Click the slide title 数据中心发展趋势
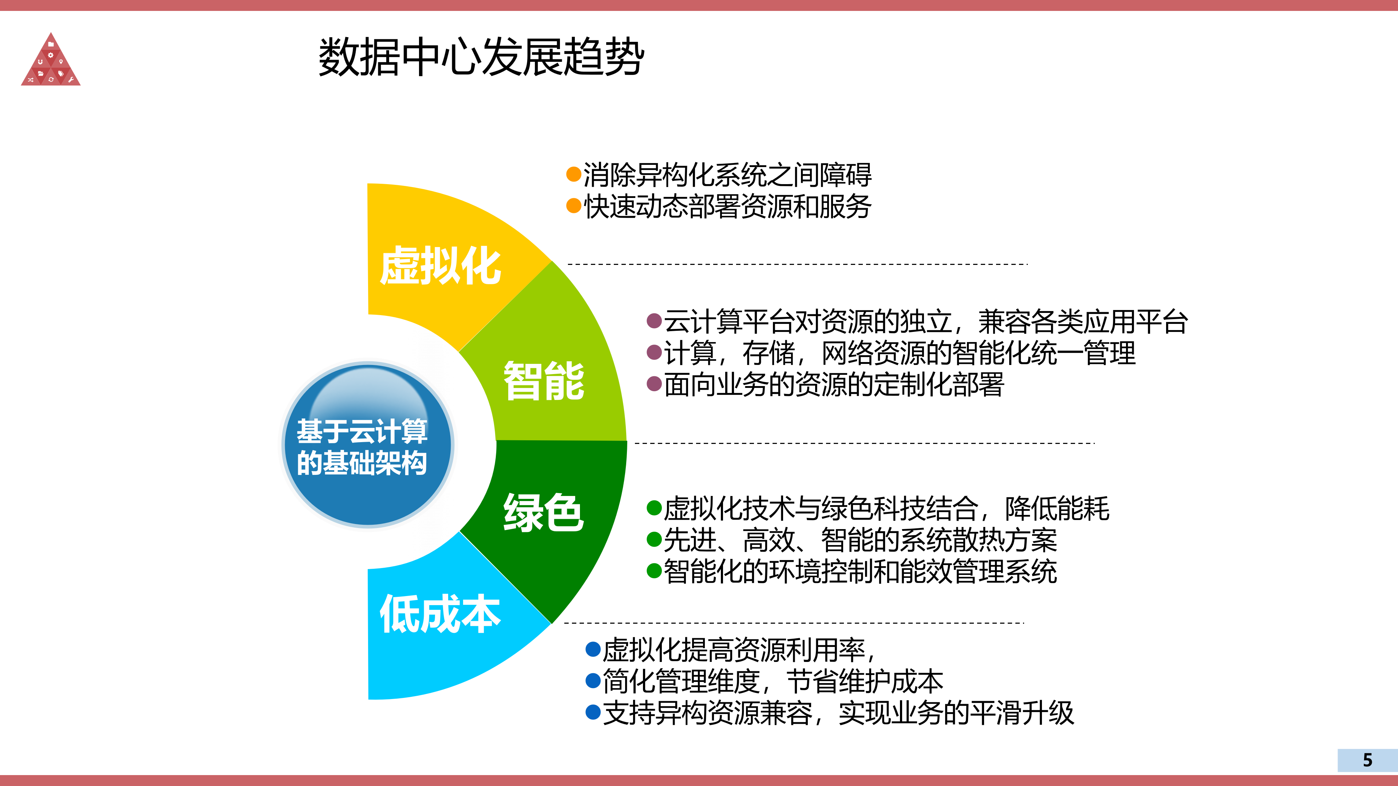click(481, 57)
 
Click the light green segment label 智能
click(544, 381)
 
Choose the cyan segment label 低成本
click(439, 614)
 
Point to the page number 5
click(1367, 760)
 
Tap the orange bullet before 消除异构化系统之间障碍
click(574, 175)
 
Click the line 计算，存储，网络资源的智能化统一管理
click(899, 353)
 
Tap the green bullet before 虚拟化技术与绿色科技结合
click(654, 508)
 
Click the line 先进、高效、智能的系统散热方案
click(860, 540)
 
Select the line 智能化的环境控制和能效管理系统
click(860, 571)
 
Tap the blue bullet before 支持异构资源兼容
click(593, 713)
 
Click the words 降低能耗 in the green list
click(1057, 508)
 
